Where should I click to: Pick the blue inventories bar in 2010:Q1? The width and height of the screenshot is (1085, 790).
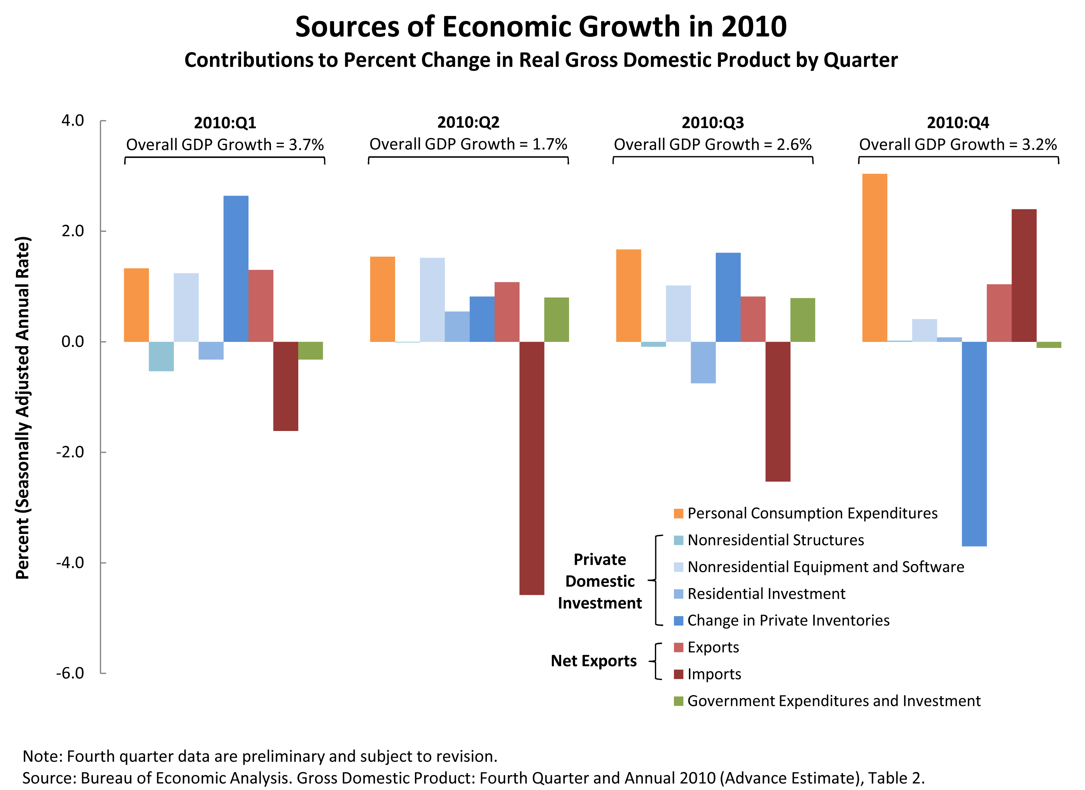(236, 268)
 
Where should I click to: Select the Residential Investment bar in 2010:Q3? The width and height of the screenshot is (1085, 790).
(703, 362)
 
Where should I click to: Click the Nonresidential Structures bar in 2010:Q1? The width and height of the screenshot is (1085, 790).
(161, 356)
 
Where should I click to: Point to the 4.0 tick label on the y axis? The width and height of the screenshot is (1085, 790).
(73, 121)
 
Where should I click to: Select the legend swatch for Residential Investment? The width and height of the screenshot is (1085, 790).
(678, 594)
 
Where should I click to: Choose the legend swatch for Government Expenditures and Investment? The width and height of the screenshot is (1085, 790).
(678, 701)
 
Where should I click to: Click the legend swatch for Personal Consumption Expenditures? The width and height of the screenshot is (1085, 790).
(678, 513)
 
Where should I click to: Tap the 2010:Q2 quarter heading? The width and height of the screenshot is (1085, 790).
(468, 123)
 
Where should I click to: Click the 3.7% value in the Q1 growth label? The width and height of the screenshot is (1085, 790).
(306, 145)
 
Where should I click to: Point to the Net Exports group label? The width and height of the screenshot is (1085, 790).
(594, 661)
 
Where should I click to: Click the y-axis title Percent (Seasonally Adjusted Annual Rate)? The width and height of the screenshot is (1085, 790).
(23, 408)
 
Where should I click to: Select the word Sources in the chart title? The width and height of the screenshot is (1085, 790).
(347, 27)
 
